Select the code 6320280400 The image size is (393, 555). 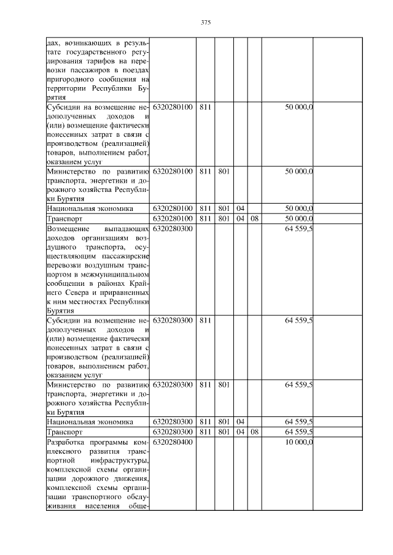[x=173, y=442]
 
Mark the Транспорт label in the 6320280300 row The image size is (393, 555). [x=64, y=432]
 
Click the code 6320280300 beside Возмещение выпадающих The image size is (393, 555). [x=173, y=228]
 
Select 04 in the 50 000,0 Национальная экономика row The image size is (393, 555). [x=240, y=209]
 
